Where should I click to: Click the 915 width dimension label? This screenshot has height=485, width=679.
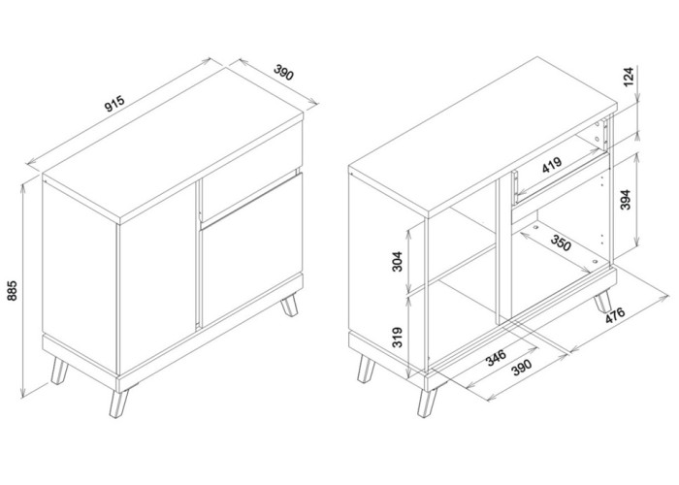(x=114, y=104)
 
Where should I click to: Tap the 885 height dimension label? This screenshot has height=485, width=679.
(x=12, y=291)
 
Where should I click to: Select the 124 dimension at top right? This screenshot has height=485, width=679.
(x=629, y=77)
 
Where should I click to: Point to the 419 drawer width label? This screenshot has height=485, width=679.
(x=552, y=165)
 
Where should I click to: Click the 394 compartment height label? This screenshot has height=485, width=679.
(x=626, y=200)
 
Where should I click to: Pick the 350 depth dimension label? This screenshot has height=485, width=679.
(x=561, y=242)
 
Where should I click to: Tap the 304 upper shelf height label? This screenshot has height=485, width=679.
(x=397, y=261)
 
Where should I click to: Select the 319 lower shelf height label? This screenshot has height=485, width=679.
(x=397, y=338)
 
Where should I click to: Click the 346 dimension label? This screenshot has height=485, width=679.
(x=496, y=357)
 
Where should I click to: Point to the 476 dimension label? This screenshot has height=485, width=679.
(x=615, y=315)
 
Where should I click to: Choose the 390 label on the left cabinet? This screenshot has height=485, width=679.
(x=284, y=73)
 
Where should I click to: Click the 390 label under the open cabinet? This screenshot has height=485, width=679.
(x=521, y=368)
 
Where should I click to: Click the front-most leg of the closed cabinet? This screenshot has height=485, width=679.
(x=118, y=403)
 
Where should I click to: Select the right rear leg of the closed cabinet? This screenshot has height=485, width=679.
(x=289, y=306)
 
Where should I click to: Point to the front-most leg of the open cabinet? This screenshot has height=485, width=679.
(x=426, y=403)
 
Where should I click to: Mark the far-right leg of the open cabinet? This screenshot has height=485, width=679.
(x=602, y=302)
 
